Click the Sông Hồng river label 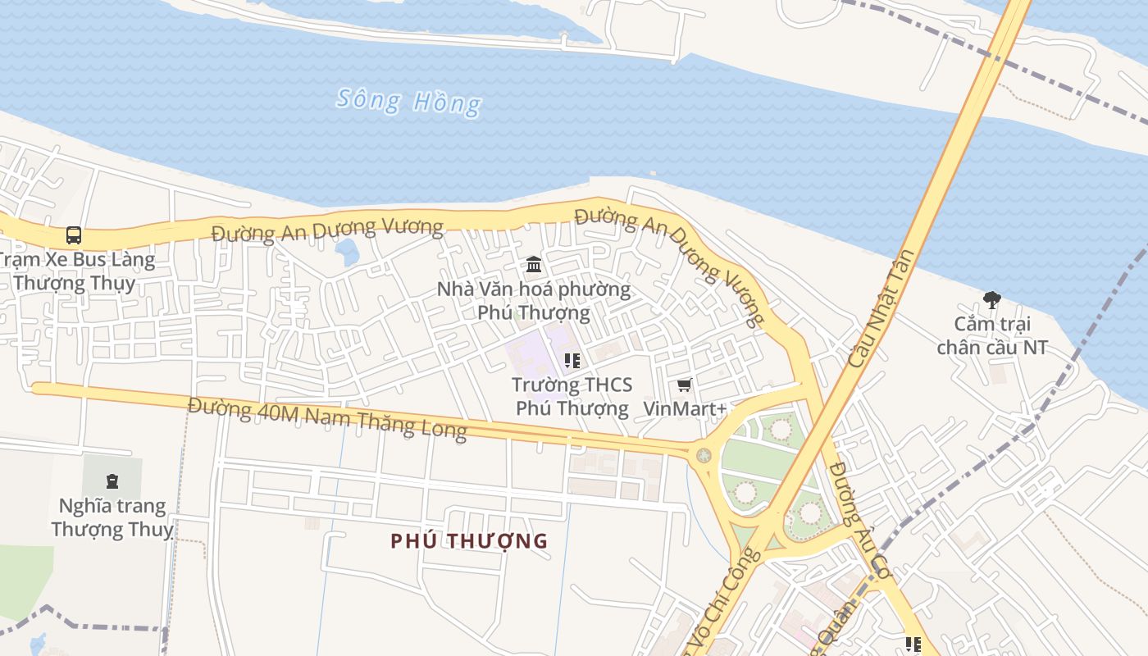click(409, 102)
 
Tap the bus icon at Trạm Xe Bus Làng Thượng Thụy click(73, 235)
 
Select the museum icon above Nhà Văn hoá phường click(534, 264)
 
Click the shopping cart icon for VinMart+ click(684, 385)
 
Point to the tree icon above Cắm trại click(991, 300)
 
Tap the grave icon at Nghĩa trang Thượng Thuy click(112, 481)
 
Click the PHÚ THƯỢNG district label click(469, 541)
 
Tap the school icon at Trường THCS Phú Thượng click(572, 360)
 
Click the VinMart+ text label click(685, 408)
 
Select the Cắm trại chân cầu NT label click(992, 335)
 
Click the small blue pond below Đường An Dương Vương click(348, 252)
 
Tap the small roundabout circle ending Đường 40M click(703, 455)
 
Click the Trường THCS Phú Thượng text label click(572, 396)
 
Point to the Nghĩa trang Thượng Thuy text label click(112, 517)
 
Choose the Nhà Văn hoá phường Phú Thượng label click(534, 301)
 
